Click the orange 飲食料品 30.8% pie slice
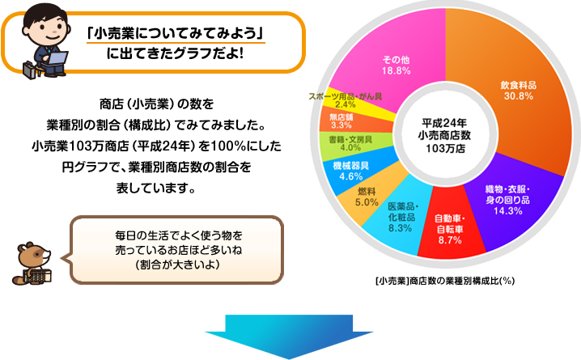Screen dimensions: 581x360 [519, 92]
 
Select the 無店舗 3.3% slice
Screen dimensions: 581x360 [343, 121]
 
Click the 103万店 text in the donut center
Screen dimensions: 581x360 [445, 149]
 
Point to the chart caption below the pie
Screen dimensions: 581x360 [444, 281]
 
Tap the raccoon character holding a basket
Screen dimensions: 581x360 [32, 263]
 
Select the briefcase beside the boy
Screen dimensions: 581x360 [30, 70]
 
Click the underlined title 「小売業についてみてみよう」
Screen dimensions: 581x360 [176, 34]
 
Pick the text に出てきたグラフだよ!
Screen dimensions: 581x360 [176, 54]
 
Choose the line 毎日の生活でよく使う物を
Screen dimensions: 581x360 [179, 235]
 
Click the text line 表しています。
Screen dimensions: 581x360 [156, 188]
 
